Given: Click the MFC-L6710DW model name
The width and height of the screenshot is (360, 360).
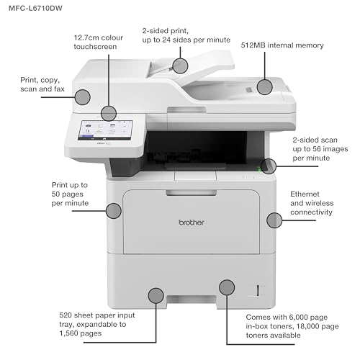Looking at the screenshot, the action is point(35,9).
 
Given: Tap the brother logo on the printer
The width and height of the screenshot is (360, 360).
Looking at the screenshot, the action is point(192,222).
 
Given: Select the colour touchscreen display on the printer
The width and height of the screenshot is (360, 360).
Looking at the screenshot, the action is point(105,130).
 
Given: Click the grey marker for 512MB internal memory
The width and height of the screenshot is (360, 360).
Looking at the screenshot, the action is point(264,87).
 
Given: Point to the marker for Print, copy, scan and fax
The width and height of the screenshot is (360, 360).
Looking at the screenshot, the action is point(82,97).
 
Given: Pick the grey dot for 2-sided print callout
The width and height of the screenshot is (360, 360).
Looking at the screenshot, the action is point(180,66).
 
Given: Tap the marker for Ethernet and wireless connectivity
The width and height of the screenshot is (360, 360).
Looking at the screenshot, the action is point(274,220).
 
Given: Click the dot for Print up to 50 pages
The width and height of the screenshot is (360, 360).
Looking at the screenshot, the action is point(114,211).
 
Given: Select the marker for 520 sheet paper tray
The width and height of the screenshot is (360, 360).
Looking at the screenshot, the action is point(156,295).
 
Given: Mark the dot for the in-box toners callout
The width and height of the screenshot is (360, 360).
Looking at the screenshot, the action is point(227,287).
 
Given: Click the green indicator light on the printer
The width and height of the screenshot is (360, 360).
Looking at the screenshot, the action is point(259,170).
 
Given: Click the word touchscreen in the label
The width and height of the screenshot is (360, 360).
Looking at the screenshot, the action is point(95,47).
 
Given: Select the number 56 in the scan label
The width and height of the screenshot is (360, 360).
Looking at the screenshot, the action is point(318,149).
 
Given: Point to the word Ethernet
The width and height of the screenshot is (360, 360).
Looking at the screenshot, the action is point(305,194).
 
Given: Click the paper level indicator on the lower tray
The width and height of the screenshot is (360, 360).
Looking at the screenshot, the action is point(258,290).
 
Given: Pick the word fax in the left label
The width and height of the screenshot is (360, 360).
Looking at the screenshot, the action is point(59,89).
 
